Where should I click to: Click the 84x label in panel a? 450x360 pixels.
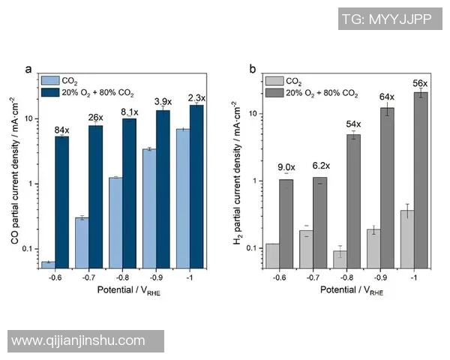point(61,130)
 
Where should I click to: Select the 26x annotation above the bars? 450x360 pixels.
point(96,118)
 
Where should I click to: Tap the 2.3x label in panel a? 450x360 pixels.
point(196,97)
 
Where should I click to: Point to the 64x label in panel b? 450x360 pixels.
point(387,97)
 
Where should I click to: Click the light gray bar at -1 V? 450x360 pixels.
point(406,238)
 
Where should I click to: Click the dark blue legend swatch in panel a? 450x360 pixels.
point(49,92)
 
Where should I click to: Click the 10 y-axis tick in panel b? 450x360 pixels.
point(253,114)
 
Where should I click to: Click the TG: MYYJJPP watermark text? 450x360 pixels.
point(386,19)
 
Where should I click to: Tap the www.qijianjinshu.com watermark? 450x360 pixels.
point(79,341)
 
